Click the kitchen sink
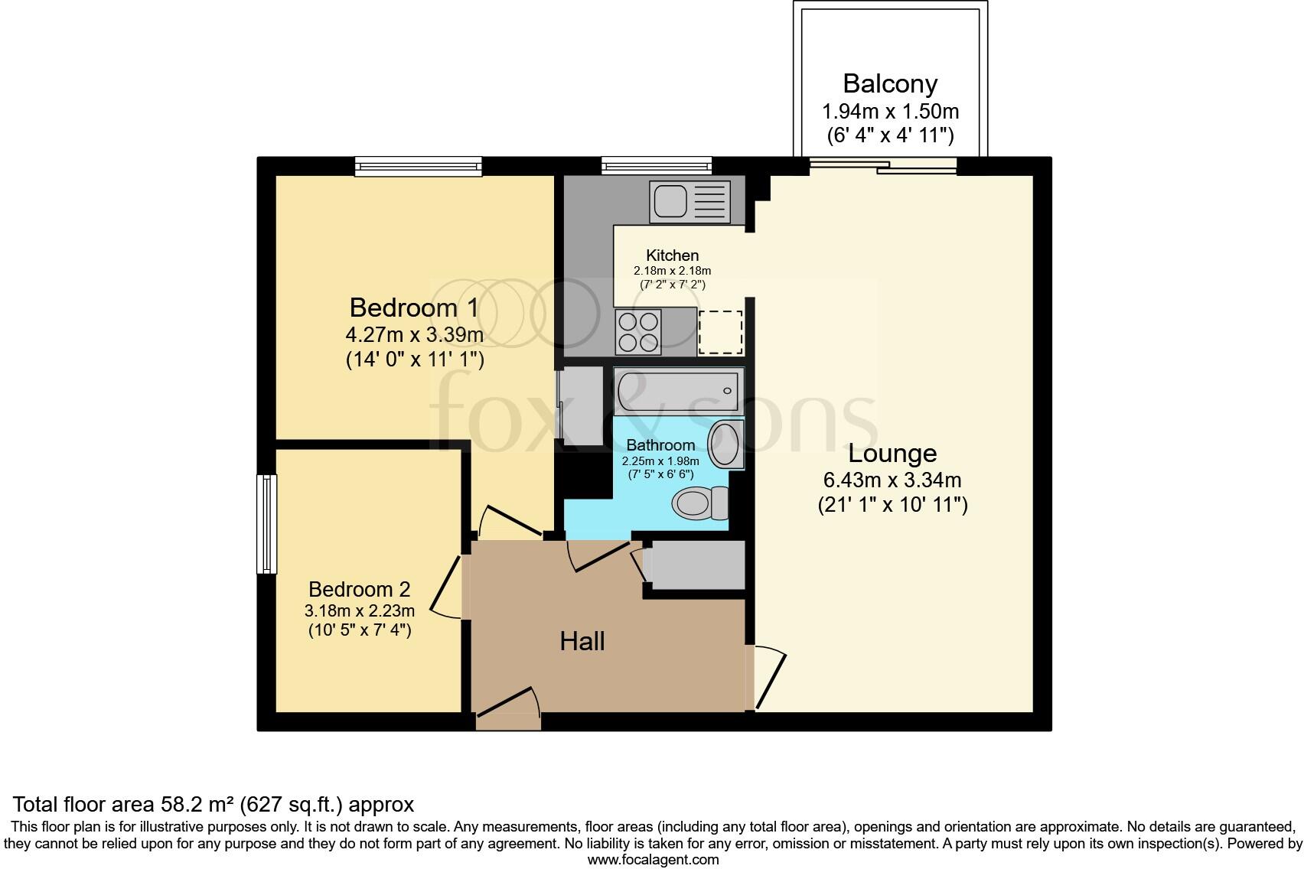click(689, 201)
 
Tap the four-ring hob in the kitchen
click(639, 333)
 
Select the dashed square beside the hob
click(721, 333)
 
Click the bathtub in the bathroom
click(677, 392)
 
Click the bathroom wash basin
click(724, 444)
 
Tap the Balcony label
click(890, 83)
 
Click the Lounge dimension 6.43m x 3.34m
click(892, 480)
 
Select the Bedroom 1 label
click(414, 308)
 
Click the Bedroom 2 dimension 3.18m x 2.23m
click(360, 610)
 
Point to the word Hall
click(582, 641)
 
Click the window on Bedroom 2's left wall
click(266, 524)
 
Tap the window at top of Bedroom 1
click(418, 166)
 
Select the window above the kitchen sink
click(657, 165)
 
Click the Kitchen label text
click(672, 255)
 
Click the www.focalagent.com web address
click(653, 859)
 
